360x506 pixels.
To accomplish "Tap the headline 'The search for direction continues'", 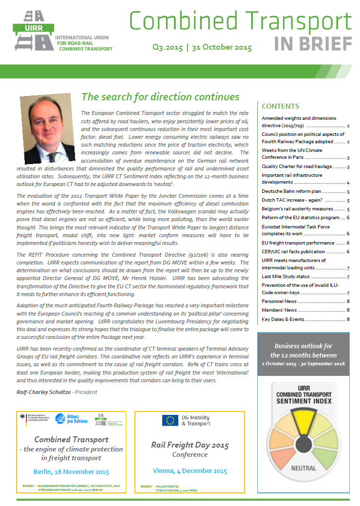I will click(x=160, y=97).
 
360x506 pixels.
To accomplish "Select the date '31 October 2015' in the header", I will click(x=222, y=48).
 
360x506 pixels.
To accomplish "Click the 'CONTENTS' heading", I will click(x=280, y=106).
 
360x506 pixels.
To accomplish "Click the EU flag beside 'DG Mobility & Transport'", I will click(x=171, y=420).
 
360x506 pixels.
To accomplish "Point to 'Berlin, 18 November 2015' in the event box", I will click(x=71, y=471).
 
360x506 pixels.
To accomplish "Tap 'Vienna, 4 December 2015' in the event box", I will click(x=189, y=470).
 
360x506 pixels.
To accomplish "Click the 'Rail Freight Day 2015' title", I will click(x=189, y=445).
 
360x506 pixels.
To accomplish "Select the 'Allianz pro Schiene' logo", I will click(x=70, y=420).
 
